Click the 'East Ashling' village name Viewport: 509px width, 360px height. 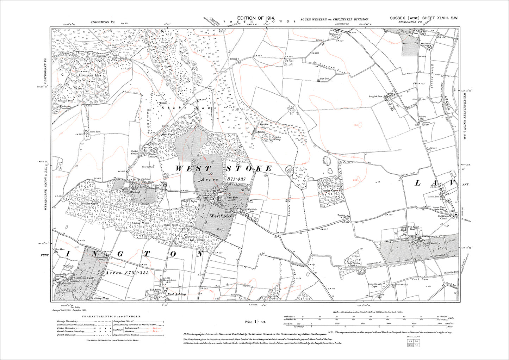175,294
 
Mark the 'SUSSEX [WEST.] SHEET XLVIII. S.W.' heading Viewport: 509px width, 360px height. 424,18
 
